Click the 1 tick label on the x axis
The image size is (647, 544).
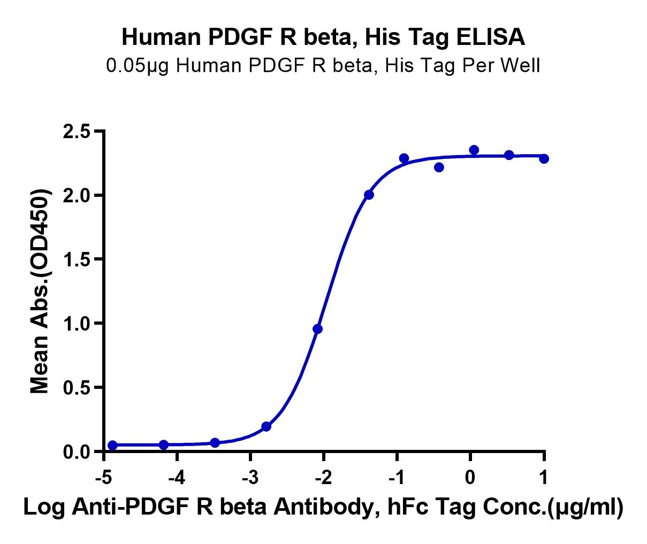click(544, 477)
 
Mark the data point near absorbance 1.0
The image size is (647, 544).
click(317, 329)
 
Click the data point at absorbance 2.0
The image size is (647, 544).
click(369, 195)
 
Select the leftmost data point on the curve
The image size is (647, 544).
click(112, 445)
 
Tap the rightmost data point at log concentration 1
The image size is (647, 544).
click(544, 158)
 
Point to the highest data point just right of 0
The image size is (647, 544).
click(474, 150)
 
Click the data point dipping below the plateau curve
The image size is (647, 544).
click(439, 167)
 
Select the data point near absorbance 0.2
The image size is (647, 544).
click(266, 426)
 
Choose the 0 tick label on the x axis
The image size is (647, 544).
click(470, 477)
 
